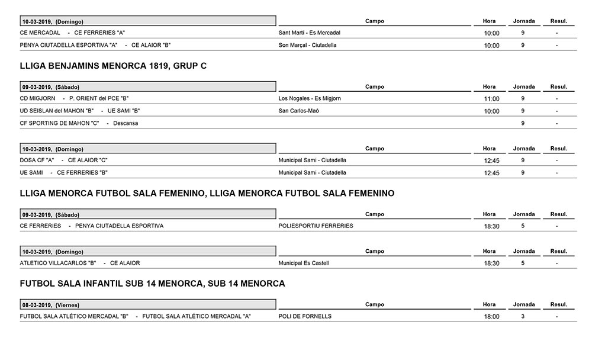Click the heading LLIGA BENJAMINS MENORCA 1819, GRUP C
click(x=113, y=66)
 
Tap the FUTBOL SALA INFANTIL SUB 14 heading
click(x=152, y=284)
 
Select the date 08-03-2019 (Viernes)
click(x=51, y=305)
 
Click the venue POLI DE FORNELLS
click(x=305, y=316)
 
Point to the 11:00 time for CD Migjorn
click(x=491, y=99)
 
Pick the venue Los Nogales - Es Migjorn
click(x=310, y=98)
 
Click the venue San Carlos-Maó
click(x=298, y=111)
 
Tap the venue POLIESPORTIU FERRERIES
click(x=316, y=226)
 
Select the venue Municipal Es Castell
click(x=303, y=263)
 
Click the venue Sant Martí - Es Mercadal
click(x=309, y=33)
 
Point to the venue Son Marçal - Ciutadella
click(x=307, y=45)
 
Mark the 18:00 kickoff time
click(x=491, y=317)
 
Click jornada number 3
click(x=523, y=316)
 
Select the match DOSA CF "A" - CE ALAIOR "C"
click(x=63, y=160)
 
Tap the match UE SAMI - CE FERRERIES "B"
click(x=63, y=172)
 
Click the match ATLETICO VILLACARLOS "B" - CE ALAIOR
click(x=80, y=263)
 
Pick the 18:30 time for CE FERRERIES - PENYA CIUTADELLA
click(x=491, y=226)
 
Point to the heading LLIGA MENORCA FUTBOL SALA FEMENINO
click(x=207, y=193)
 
